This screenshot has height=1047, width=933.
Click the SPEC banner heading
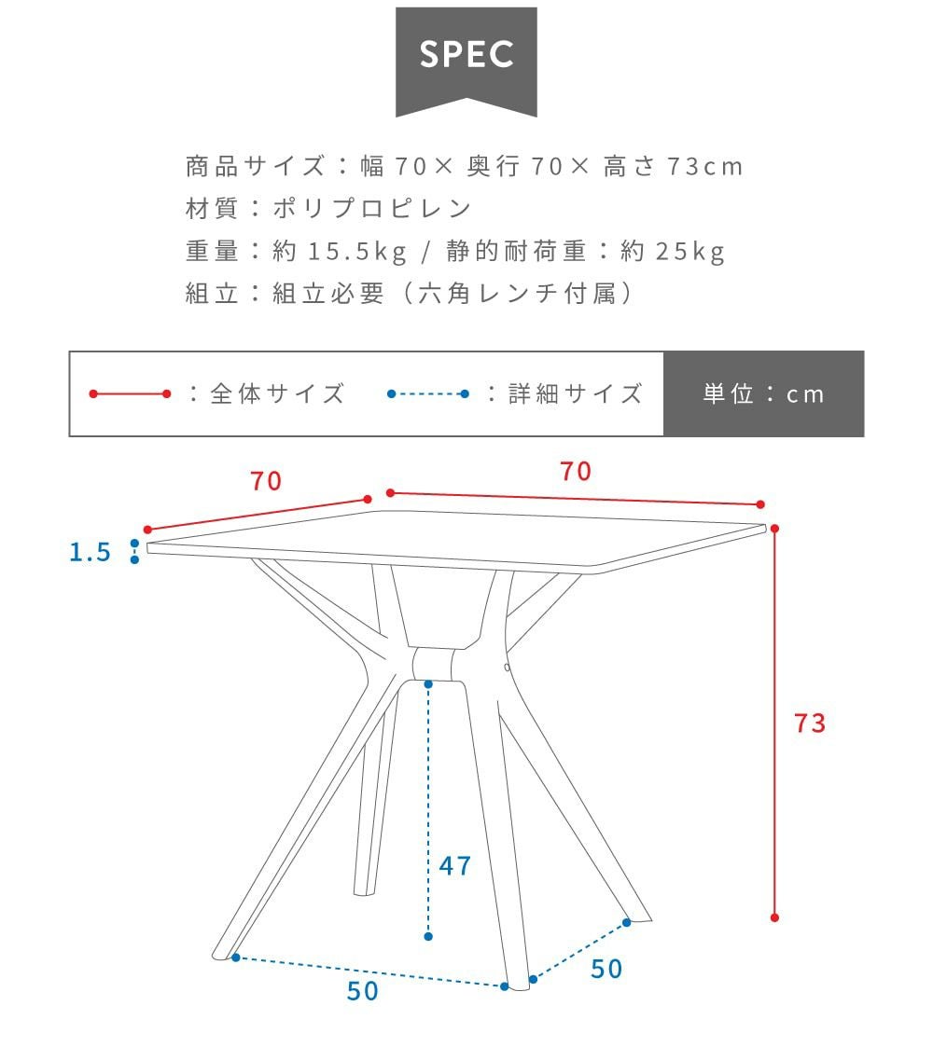tap(466, 54)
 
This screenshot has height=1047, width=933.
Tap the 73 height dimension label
tap(809, 723)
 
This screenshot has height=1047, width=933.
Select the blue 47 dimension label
tap(455, 866)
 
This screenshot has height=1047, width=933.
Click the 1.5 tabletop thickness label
tap(91, 552)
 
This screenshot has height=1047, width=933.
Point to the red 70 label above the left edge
tap(266, 481)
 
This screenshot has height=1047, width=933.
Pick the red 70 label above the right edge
tap(576, 472)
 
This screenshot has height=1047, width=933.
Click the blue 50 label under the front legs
tap(362, 991)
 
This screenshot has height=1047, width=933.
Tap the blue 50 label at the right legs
tap(606, 969)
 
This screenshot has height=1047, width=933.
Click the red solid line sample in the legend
tap(130, 394)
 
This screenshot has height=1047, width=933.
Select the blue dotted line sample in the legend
tap(427, 394)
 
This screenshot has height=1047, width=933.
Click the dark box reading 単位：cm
tap(764, 394)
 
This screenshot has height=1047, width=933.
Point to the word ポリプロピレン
tap(372, 208)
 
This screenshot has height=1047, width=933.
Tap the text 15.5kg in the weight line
tap(357, 251)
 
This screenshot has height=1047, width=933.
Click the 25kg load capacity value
tap(690, 251)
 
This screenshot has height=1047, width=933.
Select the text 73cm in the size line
tap(705, 166)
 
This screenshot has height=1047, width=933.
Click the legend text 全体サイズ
tap(277, 394)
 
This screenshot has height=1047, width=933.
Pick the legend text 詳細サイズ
tap(576, 394)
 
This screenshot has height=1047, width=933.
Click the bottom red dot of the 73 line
tap(774, 917)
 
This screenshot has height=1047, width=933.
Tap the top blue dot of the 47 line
tap(428, 683)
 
